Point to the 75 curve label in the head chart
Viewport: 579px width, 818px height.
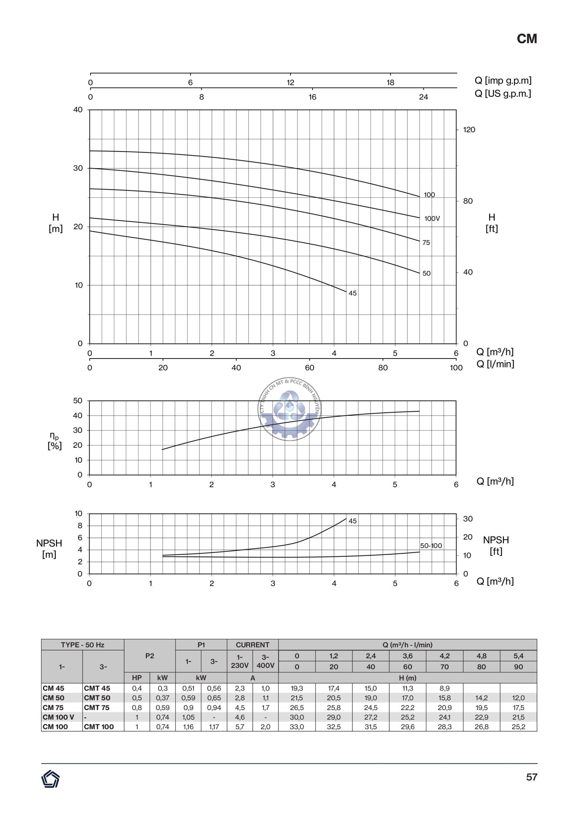[426, 243]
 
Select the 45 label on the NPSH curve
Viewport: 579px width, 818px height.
[352, 521]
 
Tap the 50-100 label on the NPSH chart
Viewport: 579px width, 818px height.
[431, 545]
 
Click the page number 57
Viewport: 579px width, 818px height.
[531, 777]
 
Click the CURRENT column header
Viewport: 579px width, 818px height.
[253, 644]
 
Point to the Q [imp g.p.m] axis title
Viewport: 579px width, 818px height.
[503, 81]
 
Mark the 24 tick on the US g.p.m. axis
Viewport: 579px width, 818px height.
[423, 97]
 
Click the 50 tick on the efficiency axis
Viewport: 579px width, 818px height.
[77, 400]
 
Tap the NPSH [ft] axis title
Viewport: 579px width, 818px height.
[496, 545]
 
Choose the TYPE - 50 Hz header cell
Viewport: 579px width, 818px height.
[82, 644]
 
